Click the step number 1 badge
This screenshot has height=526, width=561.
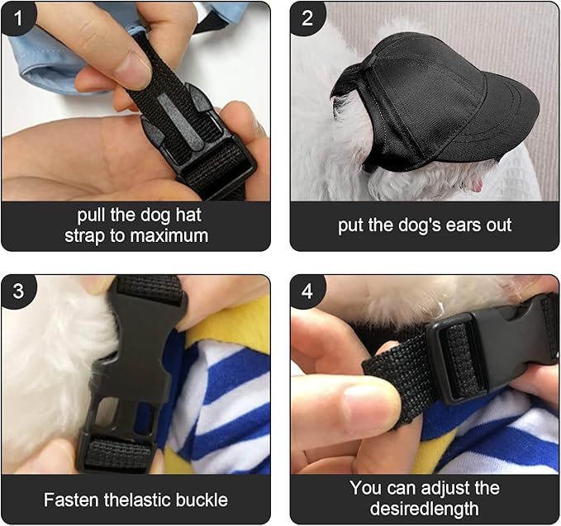coord(17,18)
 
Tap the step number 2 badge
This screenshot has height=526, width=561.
coord(307,18)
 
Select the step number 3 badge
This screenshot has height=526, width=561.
coord(18,291)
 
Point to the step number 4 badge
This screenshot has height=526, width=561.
coord(307,291)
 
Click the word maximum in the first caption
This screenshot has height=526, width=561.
coord(169,236)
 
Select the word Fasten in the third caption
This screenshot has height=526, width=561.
coord(72,500)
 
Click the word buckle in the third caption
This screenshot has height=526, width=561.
coord(202,500)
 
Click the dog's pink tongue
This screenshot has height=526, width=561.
coord(477,185)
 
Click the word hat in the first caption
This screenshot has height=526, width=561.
coord(188,215)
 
